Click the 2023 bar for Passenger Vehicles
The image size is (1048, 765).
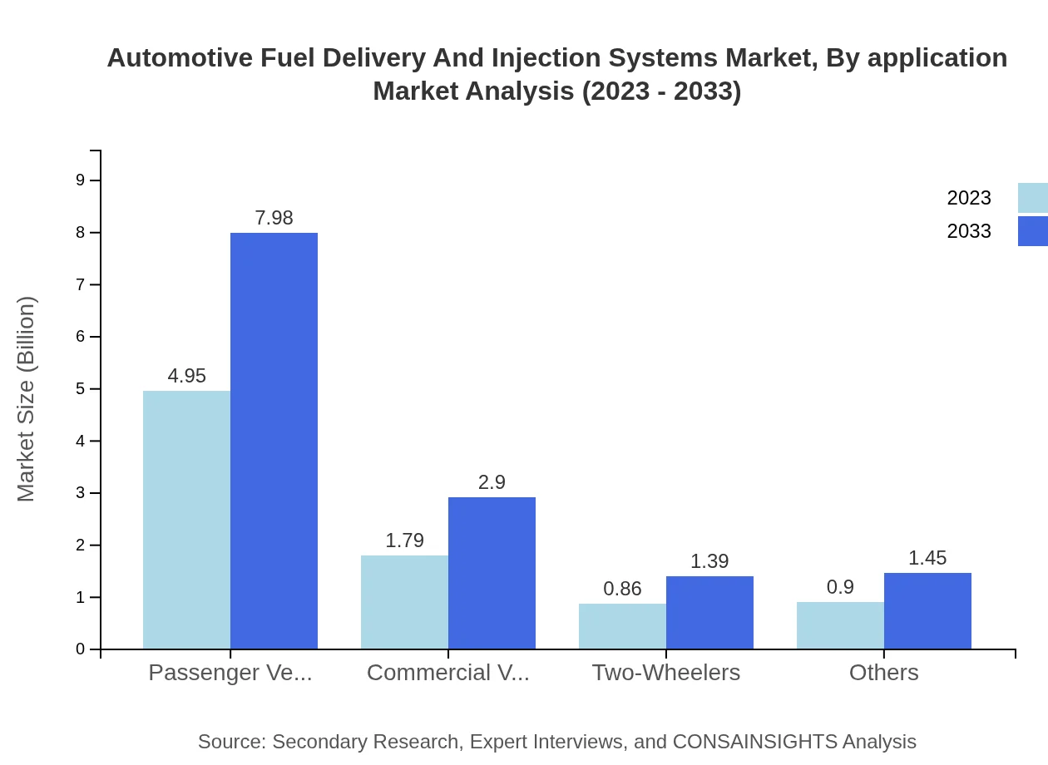coord(186,520)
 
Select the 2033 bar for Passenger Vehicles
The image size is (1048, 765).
coord(274,441)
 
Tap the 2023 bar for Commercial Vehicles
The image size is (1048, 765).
coord(404,602)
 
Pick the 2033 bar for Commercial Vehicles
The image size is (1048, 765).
coord(492,573)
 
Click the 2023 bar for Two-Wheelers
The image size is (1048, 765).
coord(622,626)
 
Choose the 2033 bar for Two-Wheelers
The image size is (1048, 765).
coord(709,612)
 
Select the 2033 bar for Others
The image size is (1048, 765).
coord(927,610)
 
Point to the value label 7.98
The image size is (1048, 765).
coord(274,218)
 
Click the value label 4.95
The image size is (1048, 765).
coord(186,376)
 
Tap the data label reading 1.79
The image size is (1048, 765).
coord(404,540)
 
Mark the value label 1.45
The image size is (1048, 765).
coord(927,558)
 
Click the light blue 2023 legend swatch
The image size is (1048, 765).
coord(1033,198)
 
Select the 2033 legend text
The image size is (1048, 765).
coord(969,231)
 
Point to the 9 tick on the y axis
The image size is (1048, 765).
coord(81,180)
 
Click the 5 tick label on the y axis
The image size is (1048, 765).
coord(81,389)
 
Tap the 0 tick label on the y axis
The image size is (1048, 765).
coord(81,649)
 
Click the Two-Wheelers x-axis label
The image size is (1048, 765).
coord(665,673)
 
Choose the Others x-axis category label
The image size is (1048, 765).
coord(883,673)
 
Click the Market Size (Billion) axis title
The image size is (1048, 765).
coord(27,399)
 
